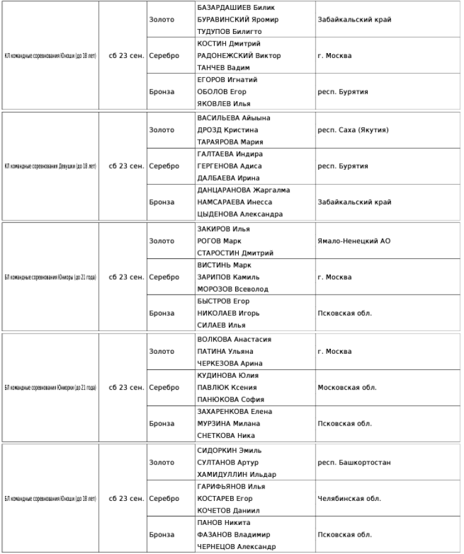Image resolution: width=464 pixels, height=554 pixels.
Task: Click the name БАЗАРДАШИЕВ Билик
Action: (x=236, y=7)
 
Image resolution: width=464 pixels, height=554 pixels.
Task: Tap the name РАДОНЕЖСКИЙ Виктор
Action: (x=238, y=56)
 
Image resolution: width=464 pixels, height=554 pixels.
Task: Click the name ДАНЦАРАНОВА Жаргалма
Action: (x=243, y=190)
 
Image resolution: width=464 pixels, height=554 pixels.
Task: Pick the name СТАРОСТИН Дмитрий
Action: (x=234, y=253)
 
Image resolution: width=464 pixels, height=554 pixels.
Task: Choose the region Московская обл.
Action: (x=346, y=388)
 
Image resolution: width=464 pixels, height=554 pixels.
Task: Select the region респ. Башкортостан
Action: (x=354, y=462)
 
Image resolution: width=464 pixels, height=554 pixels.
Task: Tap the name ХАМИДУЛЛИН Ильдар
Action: (x=236, y=474)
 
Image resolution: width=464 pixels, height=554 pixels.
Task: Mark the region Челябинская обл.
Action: (x=348, y=498)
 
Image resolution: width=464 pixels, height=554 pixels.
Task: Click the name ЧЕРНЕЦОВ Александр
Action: (x=236, y=547)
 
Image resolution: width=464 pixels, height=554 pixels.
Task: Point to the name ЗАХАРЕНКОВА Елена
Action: (x=234, y=411)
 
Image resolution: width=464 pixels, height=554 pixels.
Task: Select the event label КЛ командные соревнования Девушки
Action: (x=50, y=166)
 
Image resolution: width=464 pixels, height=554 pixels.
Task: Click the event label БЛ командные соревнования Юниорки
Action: (x=50, y=388)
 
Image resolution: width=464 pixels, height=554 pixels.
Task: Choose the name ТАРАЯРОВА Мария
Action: (x=230, y=142)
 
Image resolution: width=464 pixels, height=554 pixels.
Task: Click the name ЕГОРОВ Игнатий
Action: (x=227, y=80)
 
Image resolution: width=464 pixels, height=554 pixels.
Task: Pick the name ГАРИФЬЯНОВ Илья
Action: (x=231, y=486)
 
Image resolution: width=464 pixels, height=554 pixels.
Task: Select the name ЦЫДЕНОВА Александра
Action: (x=239, y=214)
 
